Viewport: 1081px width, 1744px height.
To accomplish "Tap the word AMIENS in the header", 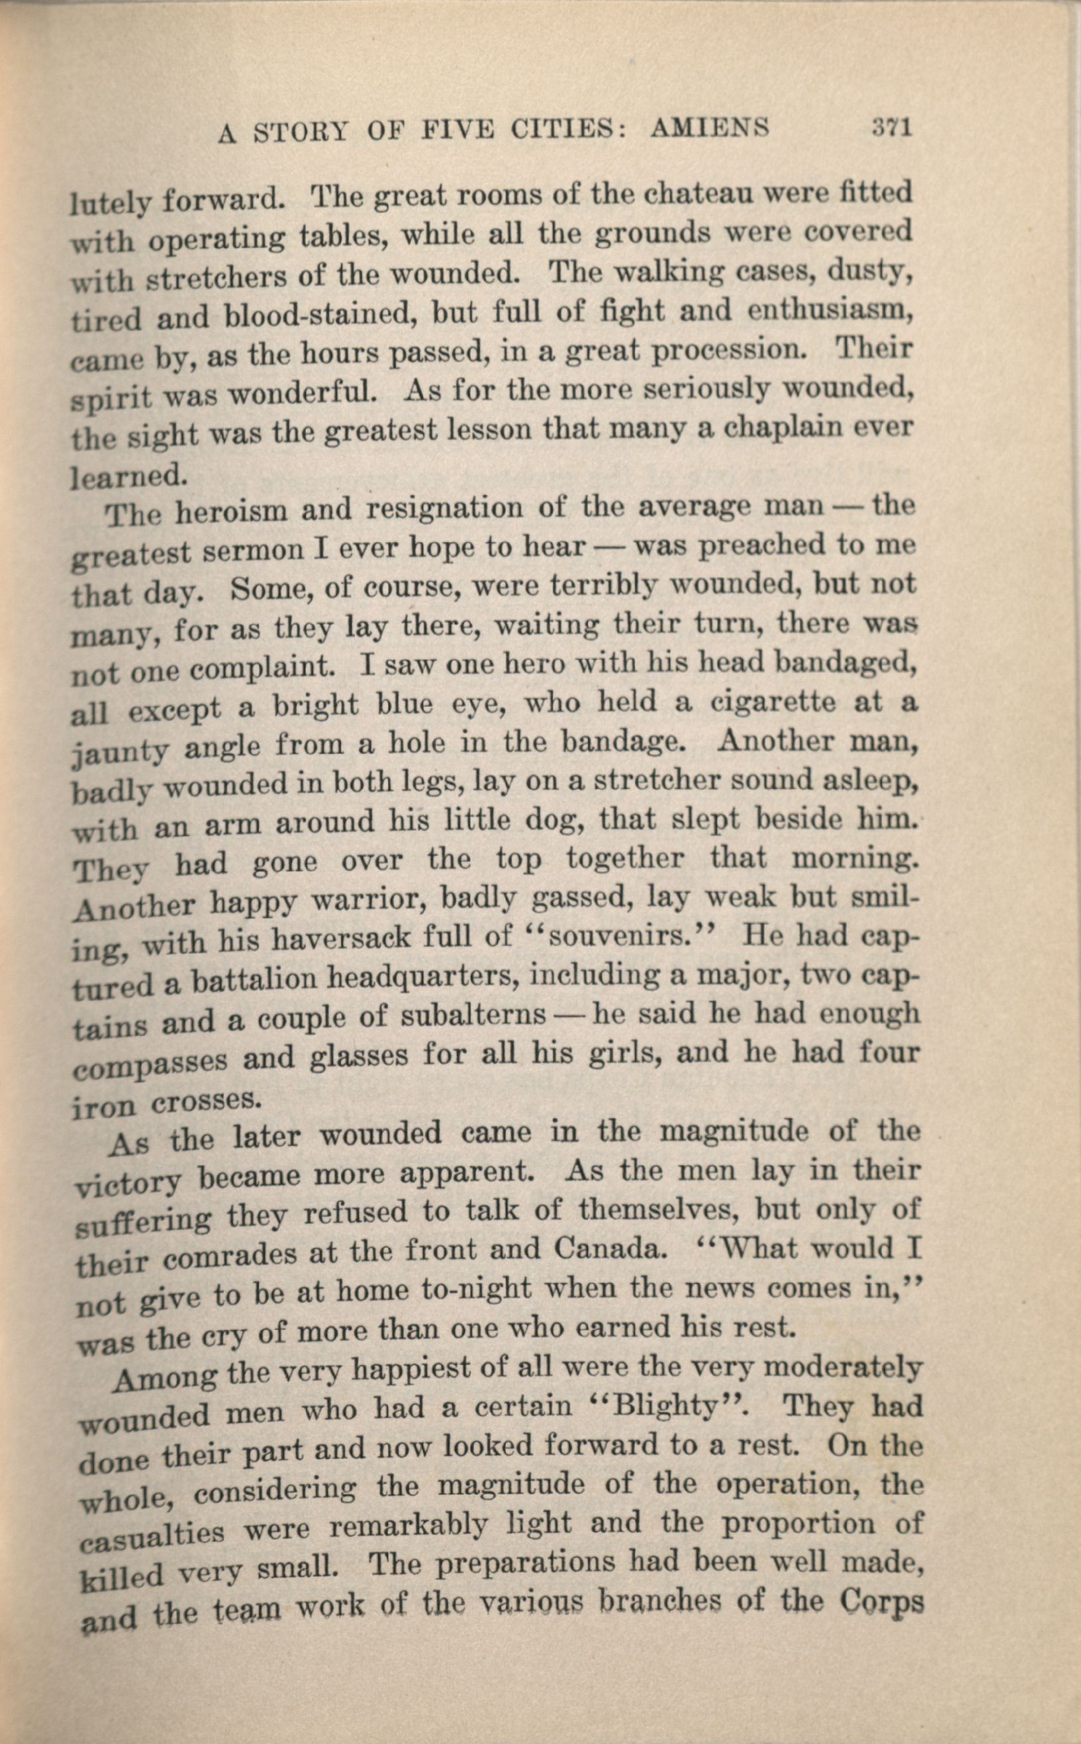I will (x=709, y=129).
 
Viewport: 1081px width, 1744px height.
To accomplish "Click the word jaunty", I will (x=120, y=750).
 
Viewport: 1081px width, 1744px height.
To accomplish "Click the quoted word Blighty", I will (x=666, y=1408).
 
